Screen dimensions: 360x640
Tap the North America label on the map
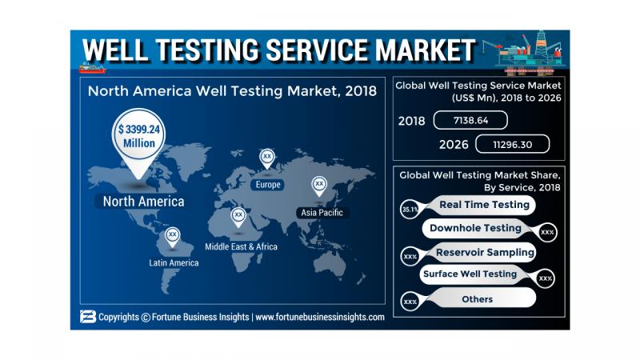point(143,200)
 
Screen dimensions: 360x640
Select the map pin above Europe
point(266,158)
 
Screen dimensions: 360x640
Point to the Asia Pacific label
point(320,212)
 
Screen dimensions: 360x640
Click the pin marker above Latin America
point(173,236)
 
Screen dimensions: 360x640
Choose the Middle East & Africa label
point(241,246)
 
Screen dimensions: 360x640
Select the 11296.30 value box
point(512,144)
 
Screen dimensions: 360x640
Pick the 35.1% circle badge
point(409,210)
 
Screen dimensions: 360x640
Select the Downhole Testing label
point(475,228)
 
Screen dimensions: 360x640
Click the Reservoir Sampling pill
point(476,252)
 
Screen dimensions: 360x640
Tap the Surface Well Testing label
point(470,274)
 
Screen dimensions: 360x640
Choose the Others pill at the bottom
point(477,298)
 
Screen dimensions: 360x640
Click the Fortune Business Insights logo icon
point(87,317)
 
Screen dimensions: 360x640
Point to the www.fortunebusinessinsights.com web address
point(321,317)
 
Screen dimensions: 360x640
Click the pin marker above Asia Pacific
point(319,186)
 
